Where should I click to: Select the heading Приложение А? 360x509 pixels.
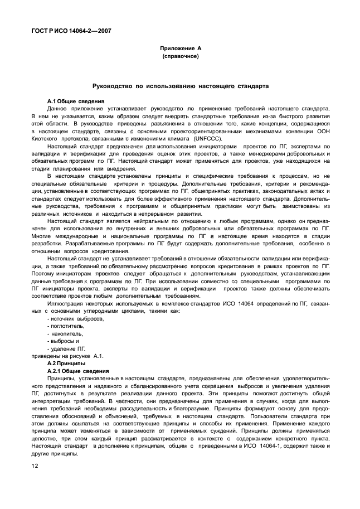(x=180, y=49)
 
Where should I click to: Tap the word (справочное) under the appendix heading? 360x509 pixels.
(x=180, y=57)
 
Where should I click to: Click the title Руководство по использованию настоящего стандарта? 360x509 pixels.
(x=180, y=87)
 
